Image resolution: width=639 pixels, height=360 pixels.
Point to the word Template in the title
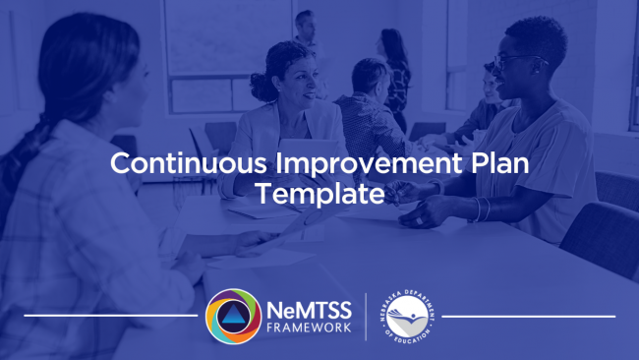click(319, 194)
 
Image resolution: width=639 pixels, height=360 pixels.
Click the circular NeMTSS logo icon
click(233, 316)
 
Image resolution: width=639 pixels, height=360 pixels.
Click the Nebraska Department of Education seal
click(409, 317)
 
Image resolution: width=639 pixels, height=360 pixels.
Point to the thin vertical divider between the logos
click(367, 316)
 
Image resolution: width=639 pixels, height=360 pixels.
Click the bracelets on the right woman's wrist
click(482, 209)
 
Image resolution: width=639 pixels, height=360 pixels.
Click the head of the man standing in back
click(308, 22)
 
